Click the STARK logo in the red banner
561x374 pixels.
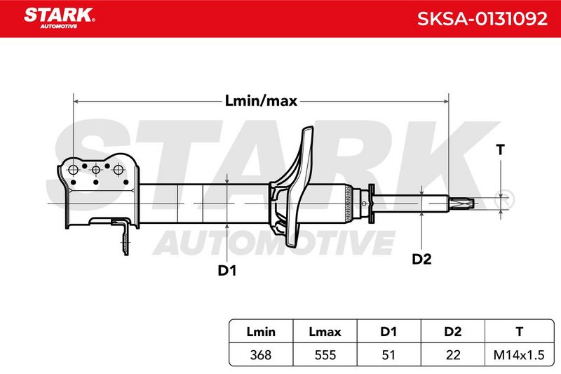60,18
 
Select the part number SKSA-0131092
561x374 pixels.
482,19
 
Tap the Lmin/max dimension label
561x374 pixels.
261,101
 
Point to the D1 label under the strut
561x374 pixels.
227,271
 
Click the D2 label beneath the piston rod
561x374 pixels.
422,259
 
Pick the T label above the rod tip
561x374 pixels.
501,149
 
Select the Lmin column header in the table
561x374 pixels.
261,332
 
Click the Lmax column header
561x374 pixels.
325,332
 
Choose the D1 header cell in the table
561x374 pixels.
388,332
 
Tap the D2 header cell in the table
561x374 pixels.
452,332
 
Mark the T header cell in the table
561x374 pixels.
519,332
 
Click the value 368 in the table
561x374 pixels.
261,355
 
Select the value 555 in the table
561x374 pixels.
325,355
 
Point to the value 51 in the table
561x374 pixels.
388,355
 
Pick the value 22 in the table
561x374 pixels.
452,355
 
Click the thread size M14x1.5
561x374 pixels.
519,355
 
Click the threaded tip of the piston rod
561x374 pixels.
462,203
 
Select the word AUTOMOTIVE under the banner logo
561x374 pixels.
59,26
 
